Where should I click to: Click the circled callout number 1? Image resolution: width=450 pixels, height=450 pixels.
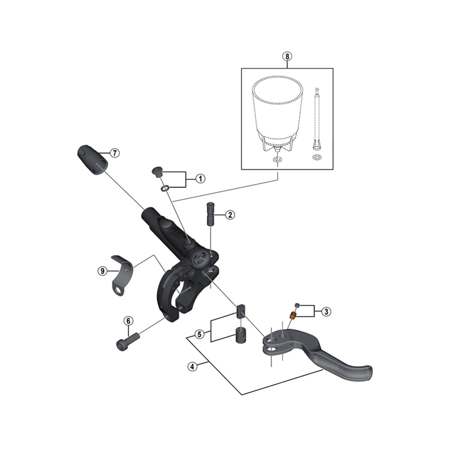coord(200,178)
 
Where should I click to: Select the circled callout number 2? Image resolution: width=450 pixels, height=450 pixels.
coord(229,214)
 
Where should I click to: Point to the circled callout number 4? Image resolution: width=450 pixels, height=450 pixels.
coord(192,366)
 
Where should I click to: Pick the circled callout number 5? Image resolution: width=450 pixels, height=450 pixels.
coord(199,334)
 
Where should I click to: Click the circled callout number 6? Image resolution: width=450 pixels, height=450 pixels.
coord(128,321)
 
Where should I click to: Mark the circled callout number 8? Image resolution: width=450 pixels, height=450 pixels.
coord(287,56)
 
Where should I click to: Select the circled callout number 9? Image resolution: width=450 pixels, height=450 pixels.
coord(102,271)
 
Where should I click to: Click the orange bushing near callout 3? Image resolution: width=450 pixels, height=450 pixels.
coord(292,316)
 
